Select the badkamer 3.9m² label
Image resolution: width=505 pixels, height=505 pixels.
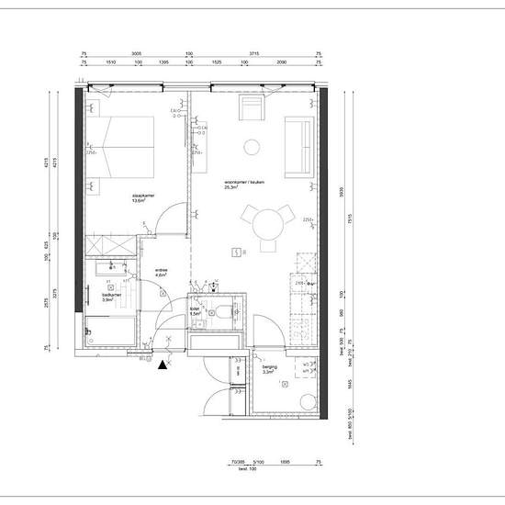tap(107, 296)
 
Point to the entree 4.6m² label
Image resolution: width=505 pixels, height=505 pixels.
tap(161, 272)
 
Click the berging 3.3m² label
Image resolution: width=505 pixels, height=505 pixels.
tap(270, 370)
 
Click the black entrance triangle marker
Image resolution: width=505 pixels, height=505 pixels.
tap(163, 365)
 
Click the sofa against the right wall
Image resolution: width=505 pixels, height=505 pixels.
tap(299, 148)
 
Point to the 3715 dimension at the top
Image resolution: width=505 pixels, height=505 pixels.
tap(255, 54)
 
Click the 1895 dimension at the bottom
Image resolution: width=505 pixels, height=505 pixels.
tap(285, 463)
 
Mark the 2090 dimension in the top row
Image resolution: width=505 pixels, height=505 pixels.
tap(282, 62)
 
